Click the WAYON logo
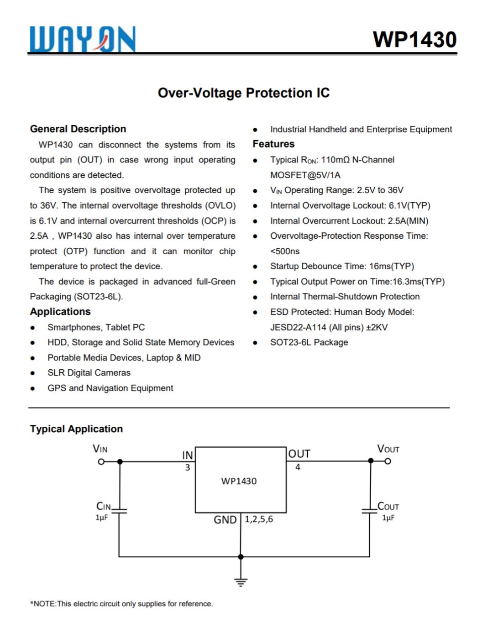click(83, 39)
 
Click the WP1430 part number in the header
click(414, 40)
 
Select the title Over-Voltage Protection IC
click(243, 93)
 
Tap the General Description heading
click(78, 129)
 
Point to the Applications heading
click(60, 312)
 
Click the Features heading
click(273, 144)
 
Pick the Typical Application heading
click(76, 429)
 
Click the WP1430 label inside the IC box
click(239, 481)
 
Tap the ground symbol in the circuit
click(241, 582)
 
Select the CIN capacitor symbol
click(119, 511)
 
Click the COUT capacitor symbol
click(370, 511)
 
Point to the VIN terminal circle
click(101, 461)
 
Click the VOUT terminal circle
click(388, 461)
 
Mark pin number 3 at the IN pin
click(187, 468)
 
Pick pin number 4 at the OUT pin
click(298, 467)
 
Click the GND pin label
click(225, 520)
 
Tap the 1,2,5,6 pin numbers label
click(259, 519)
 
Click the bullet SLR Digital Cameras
click(89, 373)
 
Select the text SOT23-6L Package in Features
click(309, 342)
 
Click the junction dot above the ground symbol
click(241, 557)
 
